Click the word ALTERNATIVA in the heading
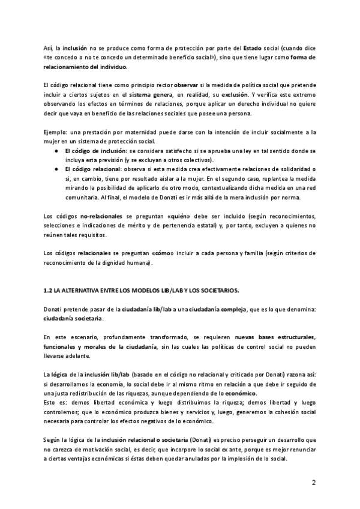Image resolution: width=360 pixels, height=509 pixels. click(82, 291)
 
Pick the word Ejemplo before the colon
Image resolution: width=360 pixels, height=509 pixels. click(55, 131)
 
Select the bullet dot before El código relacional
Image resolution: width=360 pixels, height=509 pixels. click(56, 169)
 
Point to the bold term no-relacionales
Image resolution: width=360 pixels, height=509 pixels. click(91, 215)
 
